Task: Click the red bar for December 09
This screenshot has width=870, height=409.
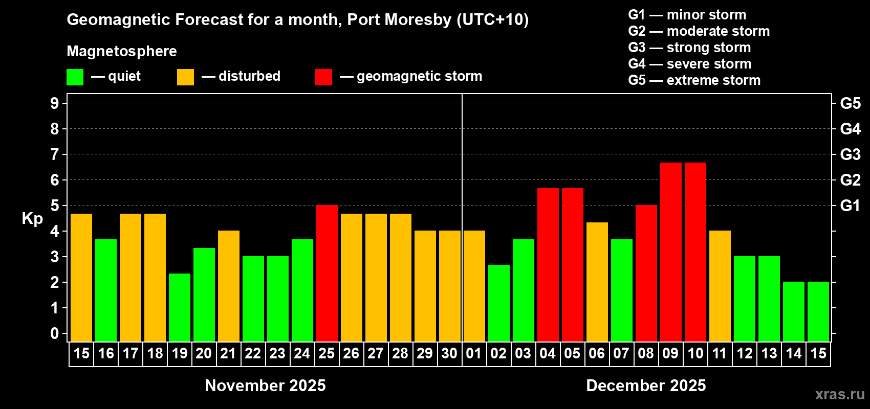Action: [x=670, y=252]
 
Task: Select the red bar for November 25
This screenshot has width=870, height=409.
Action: [x=327, y=274]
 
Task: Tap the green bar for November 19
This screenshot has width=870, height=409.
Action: [x=179, y=308]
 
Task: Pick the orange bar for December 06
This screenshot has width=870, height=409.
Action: [x=597, y=282]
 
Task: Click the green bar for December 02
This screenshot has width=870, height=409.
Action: [x=498, y=303]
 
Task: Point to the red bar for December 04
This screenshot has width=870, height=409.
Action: [x=548, y=265]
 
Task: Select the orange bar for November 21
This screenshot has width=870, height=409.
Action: [x=228, y=286]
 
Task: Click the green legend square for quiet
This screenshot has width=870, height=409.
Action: [x=75, y=77]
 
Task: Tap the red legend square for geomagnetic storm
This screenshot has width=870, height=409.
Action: [x=323, y=77]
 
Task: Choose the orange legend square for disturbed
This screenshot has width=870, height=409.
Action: [x=185, y=77]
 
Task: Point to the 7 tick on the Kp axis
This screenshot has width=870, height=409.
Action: [x=55, y=154]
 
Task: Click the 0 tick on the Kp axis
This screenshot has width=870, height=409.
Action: [x=55, y=333]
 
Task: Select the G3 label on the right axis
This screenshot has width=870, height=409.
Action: [x=850, y=154]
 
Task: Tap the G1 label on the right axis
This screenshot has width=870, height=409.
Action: [x=850, y=206]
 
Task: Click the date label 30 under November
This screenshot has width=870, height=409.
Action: [x=449, y=354]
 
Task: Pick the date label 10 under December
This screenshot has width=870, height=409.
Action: [x=695, y=354]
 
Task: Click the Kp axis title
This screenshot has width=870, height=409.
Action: [x=32, y=219]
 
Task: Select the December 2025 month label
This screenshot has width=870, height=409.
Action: [x=646, y=385]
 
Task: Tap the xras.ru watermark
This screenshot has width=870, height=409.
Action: [x=839, y=394]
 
